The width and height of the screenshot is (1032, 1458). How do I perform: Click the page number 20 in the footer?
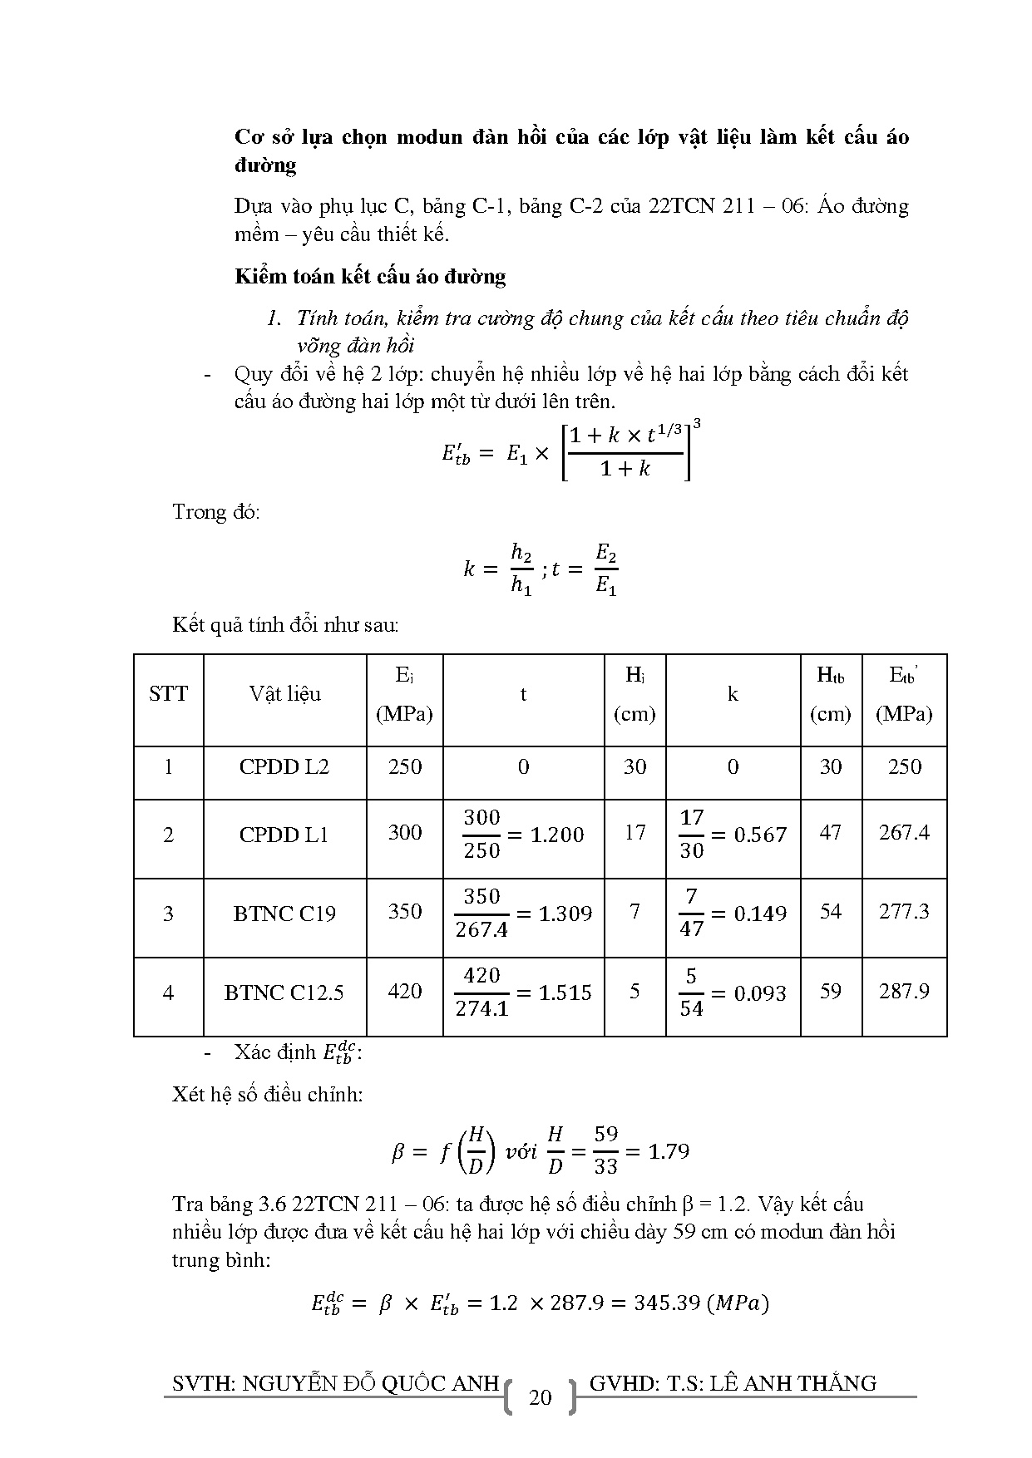tap(540, 1397)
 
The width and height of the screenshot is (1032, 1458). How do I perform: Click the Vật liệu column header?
tap(284, 694)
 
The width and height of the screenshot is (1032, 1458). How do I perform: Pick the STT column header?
tap(168, 694)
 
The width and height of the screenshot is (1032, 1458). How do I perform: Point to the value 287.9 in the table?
tap(904, 992)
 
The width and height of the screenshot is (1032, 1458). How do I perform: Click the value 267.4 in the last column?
tap(904, 833)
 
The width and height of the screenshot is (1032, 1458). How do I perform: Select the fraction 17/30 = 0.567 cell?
tap(733, 835)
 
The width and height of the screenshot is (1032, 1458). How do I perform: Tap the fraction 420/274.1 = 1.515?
tap(523, 993)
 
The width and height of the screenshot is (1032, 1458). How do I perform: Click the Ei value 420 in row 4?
tap(405, 992)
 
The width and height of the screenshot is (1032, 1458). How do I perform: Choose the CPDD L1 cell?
tap(284, 835)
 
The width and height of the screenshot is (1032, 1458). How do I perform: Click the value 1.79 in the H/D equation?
tap(668, 1152)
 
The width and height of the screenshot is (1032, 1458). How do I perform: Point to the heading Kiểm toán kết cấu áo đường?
tap(370, 277)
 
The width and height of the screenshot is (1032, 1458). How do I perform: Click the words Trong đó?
tap(216, 511)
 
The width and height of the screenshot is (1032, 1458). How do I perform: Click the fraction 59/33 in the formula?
tap(606, 1151)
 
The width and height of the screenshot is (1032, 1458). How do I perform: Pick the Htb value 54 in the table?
tap(831, 912)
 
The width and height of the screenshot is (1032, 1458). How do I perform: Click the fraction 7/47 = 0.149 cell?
tap(733, 914)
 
